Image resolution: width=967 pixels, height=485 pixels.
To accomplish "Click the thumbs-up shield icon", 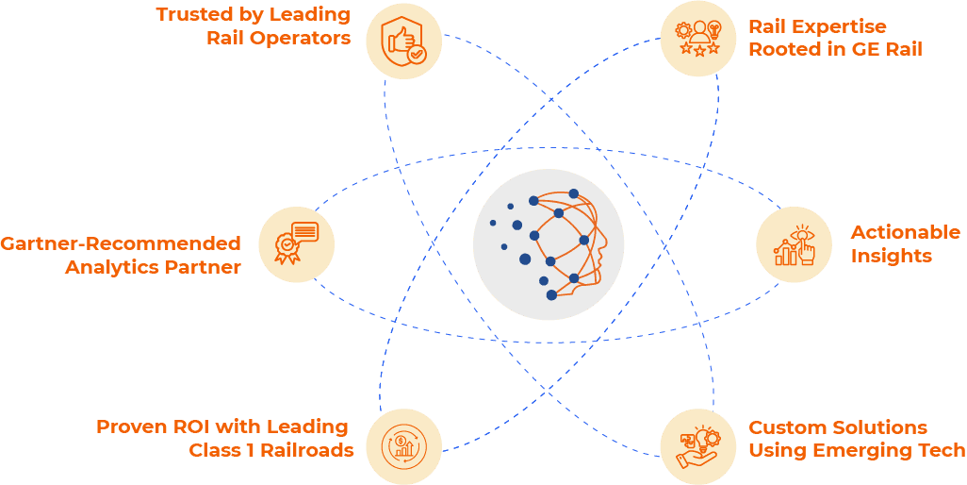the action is click(404, 42).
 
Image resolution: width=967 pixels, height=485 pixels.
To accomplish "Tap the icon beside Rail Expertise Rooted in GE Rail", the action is click(698, 40).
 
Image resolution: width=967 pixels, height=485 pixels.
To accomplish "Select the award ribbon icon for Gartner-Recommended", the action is click(297, 243).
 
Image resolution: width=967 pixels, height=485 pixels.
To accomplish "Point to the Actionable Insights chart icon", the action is click(795, 245).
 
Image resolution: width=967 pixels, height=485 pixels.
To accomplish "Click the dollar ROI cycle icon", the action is click(404, 446).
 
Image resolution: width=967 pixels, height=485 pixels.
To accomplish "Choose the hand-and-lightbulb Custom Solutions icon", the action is click(698, 446).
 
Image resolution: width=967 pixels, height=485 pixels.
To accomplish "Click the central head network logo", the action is click(549, 244).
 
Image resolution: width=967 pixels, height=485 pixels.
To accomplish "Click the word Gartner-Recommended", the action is click(121, 243).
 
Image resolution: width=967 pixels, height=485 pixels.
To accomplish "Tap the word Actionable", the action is click(906, 232).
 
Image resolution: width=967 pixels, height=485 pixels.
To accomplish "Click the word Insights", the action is click(892, 256).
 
